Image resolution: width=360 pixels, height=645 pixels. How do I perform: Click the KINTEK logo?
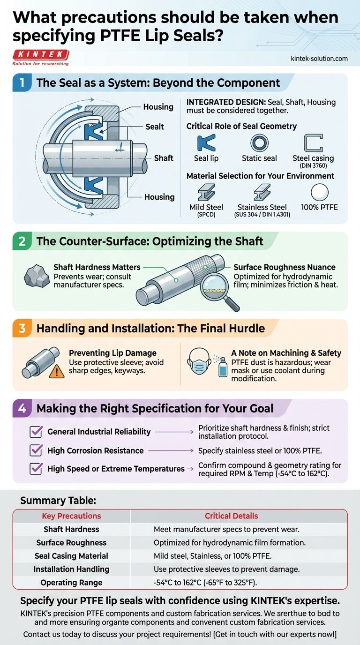pos(41,57)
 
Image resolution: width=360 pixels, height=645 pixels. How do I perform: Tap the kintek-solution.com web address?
pos(319,59)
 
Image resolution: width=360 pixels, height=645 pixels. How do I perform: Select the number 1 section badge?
pos(22,83)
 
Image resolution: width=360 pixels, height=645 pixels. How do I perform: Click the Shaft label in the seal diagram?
pos(163,158)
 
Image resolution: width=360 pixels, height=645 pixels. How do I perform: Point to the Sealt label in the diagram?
pos(154,127)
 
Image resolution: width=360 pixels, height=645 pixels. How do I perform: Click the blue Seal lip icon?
pos(206,142)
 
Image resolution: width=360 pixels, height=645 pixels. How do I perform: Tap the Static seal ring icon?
pos(259,143)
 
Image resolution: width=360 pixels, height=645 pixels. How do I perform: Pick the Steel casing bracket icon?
pos(313,142)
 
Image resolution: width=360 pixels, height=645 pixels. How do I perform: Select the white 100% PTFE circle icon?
pos(319,192)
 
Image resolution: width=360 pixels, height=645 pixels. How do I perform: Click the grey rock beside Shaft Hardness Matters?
pos(36,276)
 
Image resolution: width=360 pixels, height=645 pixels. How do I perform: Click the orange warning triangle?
pos(57,371)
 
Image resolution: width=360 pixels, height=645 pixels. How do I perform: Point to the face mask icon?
pos(199,361)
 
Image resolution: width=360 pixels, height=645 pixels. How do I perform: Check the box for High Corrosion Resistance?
pos(36,450)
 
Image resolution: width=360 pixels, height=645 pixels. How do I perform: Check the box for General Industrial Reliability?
pos(36,432)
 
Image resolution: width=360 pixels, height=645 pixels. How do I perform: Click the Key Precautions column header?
pos(71,516)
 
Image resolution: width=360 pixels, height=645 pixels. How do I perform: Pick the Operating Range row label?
pos(71,583)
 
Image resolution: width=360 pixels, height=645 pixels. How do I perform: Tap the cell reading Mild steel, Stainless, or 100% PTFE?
pos(212,556)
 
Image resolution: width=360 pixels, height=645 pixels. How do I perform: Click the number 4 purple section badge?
pos(22,408)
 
